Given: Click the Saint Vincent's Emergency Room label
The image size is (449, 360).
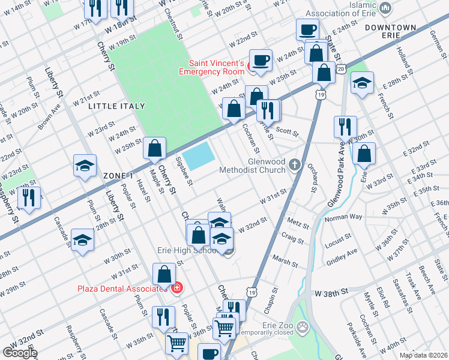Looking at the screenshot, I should (x=216, y=67).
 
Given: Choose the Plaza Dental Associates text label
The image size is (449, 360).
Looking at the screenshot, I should (x=121, y=289).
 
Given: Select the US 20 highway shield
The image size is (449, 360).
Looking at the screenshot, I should (x=340, y=70).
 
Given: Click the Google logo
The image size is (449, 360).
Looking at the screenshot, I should (x=20, y=353).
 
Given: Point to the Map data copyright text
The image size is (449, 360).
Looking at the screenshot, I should (x=423, y=355).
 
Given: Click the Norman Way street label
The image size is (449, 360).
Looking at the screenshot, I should (x=343, y=218).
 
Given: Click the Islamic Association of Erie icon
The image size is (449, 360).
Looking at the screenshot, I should (x=385, y=9).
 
